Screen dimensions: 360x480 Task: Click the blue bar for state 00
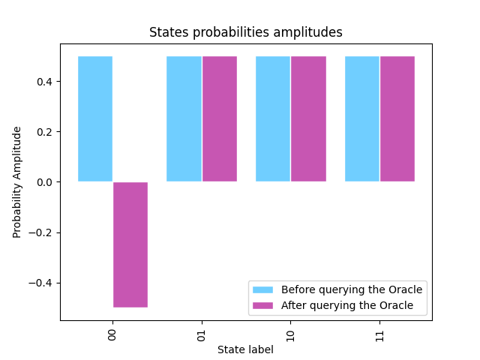click(x=95, y=118)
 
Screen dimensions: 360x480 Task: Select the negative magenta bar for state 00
click(x=130, y=244)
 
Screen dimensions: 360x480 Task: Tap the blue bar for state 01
click(x=184, y=118)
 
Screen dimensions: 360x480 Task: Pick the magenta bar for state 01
click(x=219, y=118)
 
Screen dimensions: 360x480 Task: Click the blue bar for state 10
click(x=273, y=118)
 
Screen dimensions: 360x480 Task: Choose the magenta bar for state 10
click(x=308, y=118)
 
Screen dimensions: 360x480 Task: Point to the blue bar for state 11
click(x=362, y=118)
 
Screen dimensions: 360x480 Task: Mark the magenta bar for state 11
click(x=397, y=118)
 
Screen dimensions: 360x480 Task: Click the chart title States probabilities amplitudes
click(x=245, y=32)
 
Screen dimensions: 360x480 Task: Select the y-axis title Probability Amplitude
click(x=17, y=182)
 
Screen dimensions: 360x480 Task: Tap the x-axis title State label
click(x=245, y=349)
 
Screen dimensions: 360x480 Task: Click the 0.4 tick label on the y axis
click(x=43, y=82)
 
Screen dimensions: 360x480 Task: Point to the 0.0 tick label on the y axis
click(x=43, y=182)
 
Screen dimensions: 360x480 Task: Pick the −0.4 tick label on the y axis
click(x=40, y=283)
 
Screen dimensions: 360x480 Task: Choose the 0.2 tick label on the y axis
click(x=43, y=132)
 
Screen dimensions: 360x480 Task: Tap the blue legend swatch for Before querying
click(x=263, y=289)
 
